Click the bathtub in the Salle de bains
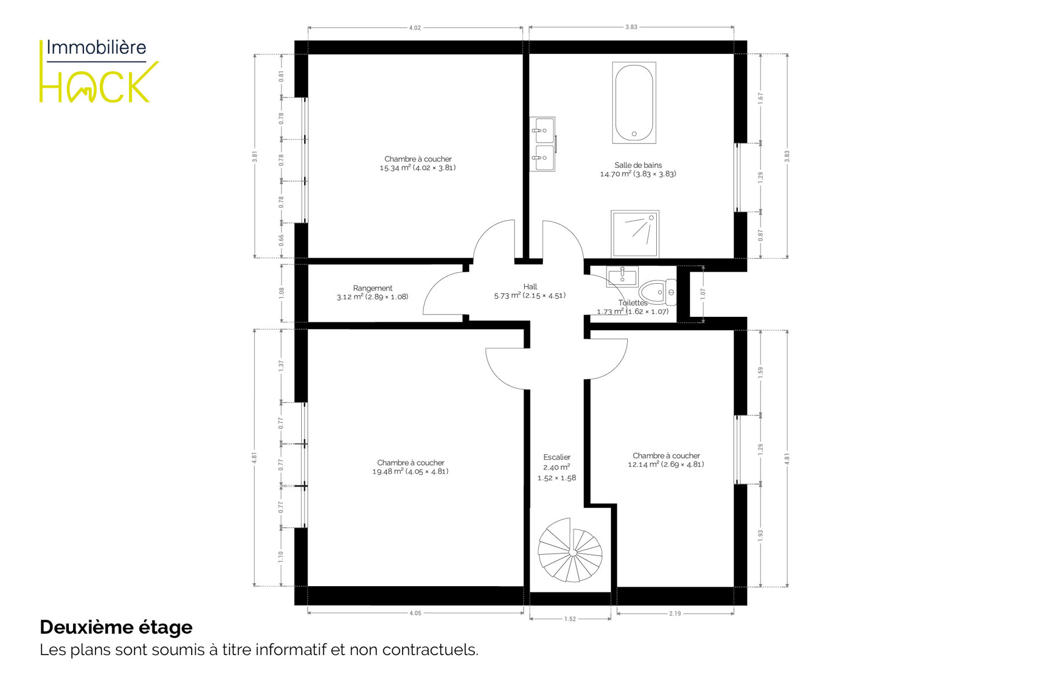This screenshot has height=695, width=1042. (x=634, y=103)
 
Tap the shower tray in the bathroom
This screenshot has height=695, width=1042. (x=635, y=234)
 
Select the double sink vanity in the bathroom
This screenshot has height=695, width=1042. (x=543, y=144)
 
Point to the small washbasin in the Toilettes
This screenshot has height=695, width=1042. (x=622, y=277)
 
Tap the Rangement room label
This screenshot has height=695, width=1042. (x=372, y=288)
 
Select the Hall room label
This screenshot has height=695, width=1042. (x=530, y=287)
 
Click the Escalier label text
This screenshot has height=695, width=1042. (x=557, y=458)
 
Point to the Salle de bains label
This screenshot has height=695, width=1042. (x=638, y=166)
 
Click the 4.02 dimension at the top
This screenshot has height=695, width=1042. (x=415, y=28)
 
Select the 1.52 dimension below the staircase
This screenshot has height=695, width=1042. (x=570, y=619)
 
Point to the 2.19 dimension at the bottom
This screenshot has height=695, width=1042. (x=675, y=613)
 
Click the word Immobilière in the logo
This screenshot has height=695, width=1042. (x=96, y=47)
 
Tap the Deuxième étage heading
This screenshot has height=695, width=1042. (x=116, y=627)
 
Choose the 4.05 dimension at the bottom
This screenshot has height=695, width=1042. (x=415, y=613)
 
